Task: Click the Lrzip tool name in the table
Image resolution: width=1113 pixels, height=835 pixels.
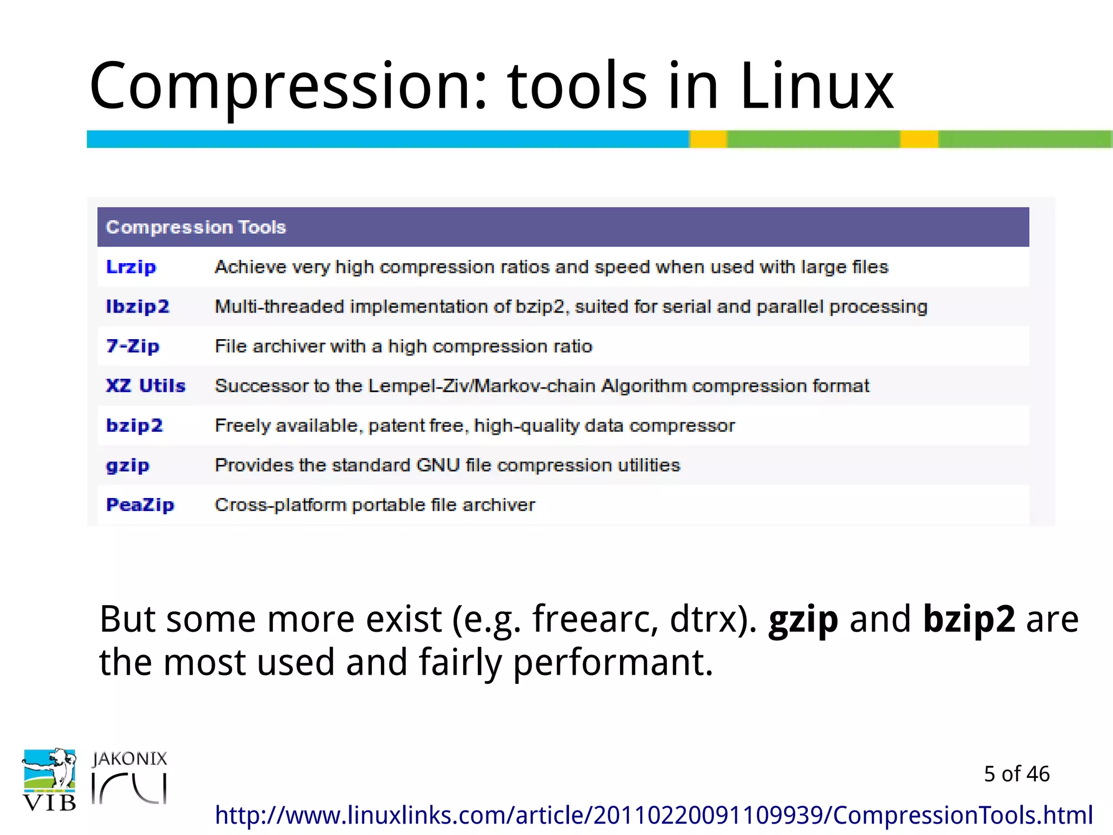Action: (x=131, y=267)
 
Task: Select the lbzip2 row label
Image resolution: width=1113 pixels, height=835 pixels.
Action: (x=137, y=307)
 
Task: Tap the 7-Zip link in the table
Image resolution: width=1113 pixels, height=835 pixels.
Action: (x=133, y=346)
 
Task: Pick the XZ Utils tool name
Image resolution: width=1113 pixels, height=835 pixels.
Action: (x=146, y=386)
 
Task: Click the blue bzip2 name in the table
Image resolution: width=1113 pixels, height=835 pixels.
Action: (x=134, y=426)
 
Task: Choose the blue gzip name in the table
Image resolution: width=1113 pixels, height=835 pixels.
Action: (x=128, y=466)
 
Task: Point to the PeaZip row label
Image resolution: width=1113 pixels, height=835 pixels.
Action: (x=140, y=505)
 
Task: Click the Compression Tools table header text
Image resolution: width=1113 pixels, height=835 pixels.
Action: (x=196, y=227)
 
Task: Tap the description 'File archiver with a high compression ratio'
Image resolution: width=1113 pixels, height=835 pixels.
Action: (x=403, y=346)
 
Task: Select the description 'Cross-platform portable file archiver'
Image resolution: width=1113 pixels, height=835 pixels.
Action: (x=375, y=505)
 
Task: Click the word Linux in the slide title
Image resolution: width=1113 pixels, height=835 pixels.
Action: (x=816, y=86)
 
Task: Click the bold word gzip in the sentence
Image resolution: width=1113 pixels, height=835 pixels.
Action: (x=803, y=620)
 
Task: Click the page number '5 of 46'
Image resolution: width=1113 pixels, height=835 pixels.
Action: (x=1016, y=774)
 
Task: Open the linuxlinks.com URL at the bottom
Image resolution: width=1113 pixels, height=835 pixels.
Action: (x=653, y=815)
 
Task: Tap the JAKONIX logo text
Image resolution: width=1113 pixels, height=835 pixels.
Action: (x=129, y=759)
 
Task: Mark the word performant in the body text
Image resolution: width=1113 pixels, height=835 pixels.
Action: (x=612, y=663)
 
